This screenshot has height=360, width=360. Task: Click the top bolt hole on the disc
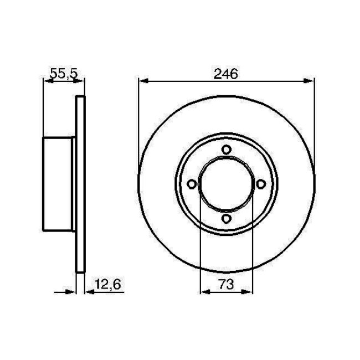(226, 150)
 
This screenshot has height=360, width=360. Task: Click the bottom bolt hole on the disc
(226, 220)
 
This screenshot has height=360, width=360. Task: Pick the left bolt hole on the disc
(191, 184)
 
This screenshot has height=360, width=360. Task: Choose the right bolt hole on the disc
(261, 184)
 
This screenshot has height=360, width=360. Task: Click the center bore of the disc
(226, 184)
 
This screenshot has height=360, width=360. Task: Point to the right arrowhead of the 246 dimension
(308, 81)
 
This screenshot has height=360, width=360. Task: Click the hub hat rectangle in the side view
(59, 185)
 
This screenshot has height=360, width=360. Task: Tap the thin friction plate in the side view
(80, 185)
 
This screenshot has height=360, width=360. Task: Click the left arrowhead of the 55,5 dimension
(47, 81)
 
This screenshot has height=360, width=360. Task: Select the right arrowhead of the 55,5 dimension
(82, 81)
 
